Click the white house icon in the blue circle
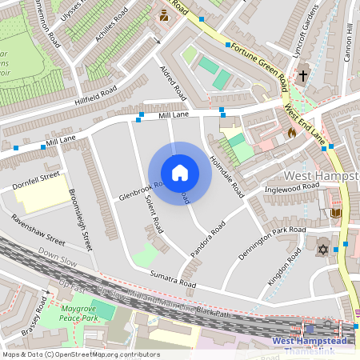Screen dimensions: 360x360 pyautogui.click(x=180, y=173)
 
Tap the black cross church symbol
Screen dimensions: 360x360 pyautogui.click(x=302, y=78)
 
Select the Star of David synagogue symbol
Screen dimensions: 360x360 pyautogui.click(x=322, y=250)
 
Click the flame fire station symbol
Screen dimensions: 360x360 pyautogui.click(x=291, y=133)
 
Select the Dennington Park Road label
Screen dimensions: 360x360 pyautogui.click(x=272, y=242)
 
